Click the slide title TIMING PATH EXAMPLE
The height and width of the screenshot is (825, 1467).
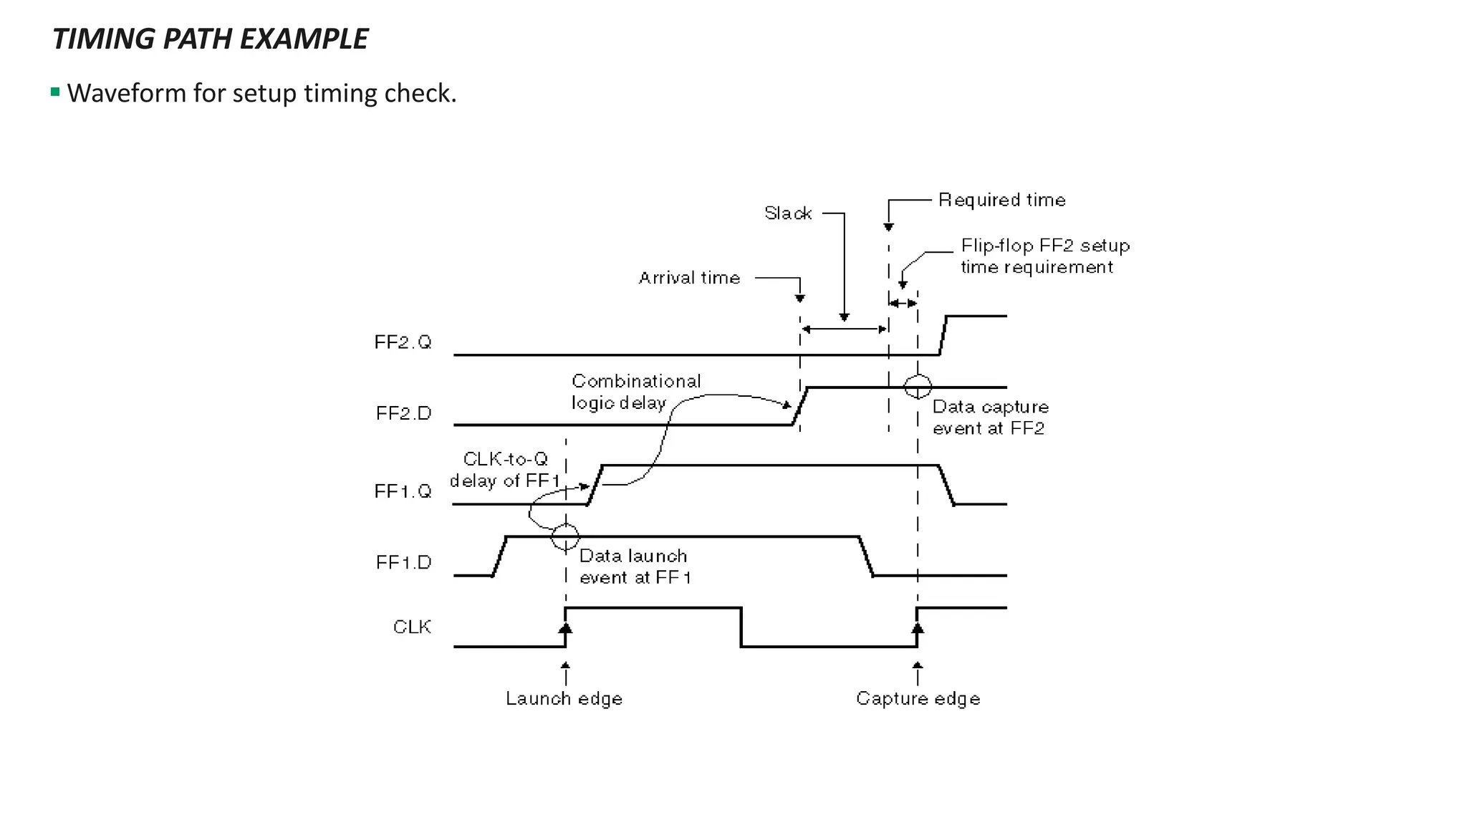(210, 39)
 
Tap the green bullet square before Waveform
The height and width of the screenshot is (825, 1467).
(55, 92)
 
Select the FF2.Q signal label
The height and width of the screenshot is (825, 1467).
(403, 342)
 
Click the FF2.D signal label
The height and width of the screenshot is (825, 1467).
(404, 413)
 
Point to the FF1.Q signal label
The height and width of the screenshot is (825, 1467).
(403, 491)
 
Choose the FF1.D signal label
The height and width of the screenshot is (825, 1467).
(404, 562)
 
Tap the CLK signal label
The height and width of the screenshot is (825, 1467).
(413, 627)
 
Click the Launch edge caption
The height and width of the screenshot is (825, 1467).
(564, 698)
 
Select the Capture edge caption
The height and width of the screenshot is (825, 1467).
(918, 698)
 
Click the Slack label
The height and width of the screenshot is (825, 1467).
(788, 213)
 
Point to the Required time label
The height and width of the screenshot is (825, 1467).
(1001, 200)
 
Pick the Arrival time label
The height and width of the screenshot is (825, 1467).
(689, 278)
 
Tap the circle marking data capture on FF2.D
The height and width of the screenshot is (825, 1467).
(918, 387)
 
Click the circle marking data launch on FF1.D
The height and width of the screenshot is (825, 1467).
(565, 536)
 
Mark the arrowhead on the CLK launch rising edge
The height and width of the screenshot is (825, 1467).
(565, 628)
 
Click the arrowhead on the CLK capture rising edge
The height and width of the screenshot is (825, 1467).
(918, 628)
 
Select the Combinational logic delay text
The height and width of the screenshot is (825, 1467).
(635, 392)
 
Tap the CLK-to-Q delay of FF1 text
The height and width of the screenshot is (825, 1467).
(505, 470)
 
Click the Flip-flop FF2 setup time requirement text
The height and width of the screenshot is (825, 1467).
(1045, 256)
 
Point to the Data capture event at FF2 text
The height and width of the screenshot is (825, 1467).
(990, 418)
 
